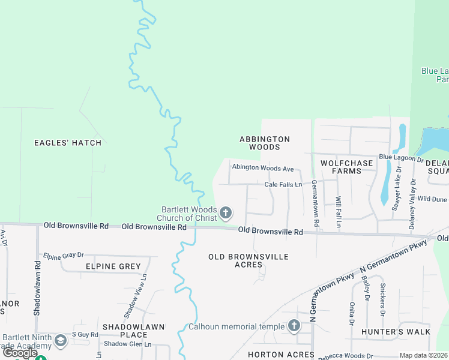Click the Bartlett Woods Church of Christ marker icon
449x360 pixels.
[226, 212]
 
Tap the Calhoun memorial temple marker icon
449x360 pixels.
[294, 326]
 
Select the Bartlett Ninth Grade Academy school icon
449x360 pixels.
[60, 341]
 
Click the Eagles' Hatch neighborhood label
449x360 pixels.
[68, 143]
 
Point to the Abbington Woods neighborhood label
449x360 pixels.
[265, 143]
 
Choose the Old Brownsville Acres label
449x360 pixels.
[249, 260]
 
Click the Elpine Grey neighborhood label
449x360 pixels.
[113, 266]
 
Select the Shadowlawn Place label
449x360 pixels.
[134, 331]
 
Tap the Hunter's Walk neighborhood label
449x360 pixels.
[396, 332]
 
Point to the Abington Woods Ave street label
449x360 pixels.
[263, 169]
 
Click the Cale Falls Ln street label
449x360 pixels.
[283, 184]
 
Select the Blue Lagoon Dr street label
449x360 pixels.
[401, 158]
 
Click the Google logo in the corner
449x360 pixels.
[19, 353]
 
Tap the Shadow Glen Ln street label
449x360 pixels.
[128, 344]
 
